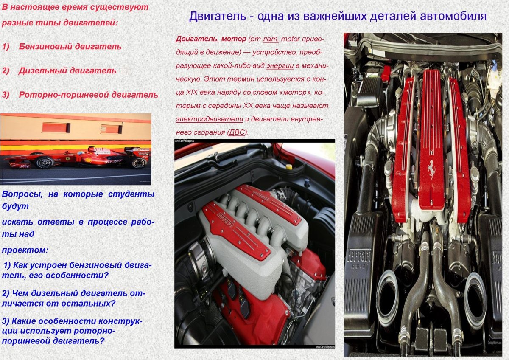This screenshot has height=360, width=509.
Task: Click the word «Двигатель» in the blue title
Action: (217, 17)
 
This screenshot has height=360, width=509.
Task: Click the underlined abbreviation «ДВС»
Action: (237, 132)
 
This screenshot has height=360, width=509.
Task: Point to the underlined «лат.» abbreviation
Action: (271, 39)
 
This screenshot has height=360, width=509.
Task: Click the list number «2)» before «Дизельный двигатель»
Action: (6, 71)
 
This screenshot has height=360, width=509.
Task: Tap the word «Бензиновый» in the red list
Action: (45, 47)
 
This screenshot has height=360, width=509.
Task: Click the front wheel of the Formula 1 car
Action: (44, 162)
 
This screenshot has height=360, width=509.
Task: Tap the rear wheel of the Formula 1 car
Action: (138, 162)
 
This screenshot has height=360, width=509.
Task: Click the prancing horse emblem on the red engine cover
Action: (431, 169)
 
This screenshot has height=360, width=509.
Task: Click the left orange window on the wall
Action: (56, 127)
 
